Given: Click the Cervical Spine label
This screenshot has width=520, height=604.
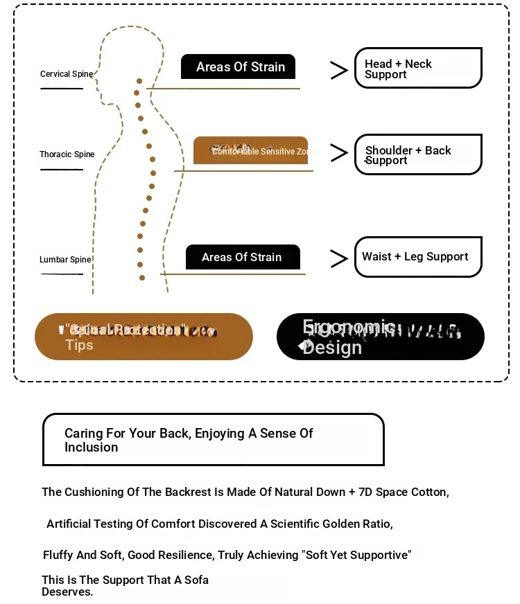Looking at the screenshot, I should coord(66,74).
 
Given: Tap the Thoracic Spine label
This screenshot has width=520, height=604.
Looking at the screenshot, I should coord(67,154).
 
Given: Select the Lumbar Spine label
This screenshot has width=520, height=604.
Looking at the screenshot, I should coord(65,260).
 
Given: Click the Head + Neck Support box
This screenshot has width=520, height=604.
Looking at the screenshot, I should coord(417,68).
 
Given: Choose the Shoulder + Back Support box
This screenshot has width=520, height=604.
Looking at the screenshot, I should coord(417,154).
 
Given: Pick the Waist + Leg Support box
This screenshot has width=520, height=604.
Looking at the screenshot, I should coord(417,257).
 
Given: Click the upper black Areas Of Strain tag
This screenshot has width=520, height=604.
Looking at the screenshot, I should coord(238,67).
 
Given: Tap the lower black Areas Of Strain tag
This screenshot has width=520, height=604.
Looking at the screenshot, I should coord(243,257).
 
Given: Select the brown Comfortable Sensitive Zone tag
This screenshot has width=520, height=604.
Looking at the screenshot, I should coord(250,150).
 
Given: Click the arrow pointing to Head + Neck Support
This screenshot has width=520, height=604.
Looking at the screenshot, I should coord(338,70).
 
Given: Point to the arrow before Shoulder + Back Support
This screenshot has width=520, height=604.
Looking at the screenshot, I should coord(338,153).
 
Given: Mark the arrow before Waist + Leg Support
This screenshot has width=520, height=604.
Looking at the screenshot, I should coord(338,258).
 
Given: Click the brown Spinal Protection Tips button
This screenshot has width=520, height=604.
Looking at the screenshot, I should coord(144,337).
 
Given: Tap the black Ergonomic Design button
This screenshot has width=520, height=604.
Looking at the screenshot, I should coord(380,337).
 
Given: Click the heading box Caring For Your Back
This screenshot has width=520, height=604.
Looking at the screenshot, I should coord(213,440).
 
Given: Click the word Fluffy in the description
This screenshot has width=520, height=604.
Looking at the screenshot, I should coord(59,555).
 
